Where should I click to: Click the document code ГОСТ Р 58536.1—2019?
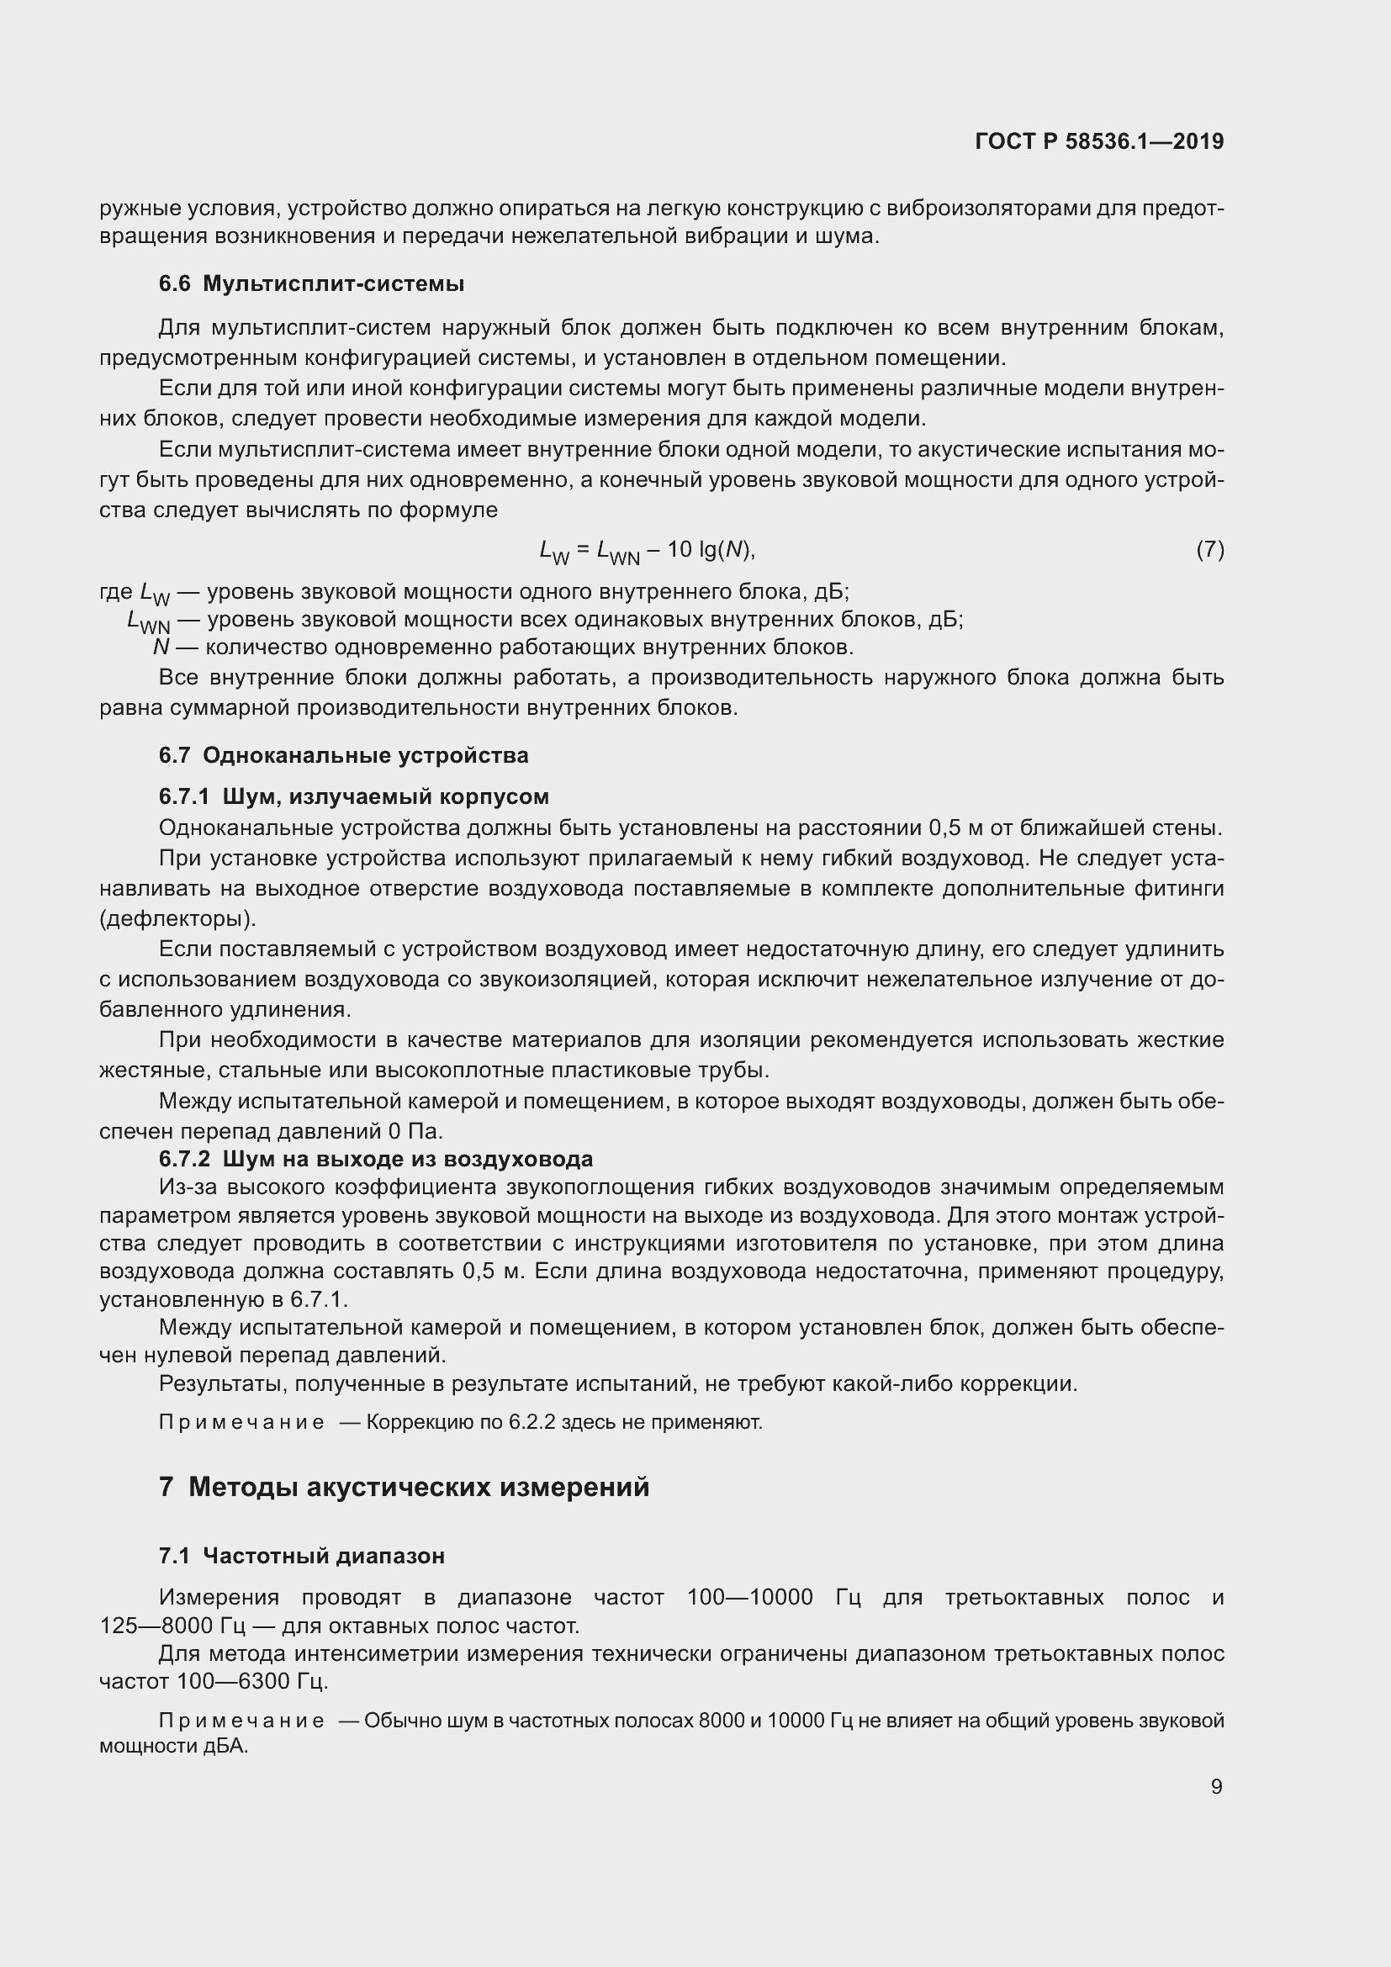(1099, 141)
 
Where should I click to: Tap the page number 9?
(1216, 1786)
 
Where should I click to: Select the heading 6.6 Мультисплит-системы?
(311, 283)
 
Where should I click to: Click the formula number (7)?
(1209, 549)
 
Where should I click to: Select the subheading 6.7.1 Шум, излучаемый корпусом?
(353, 796)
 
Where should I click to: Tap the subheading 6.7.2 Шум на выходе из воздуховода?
(375, 1159)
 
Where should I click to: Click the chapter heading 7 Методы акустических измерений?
(404, 1486)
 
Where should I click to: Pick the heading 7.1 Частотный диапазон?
(302, 1556)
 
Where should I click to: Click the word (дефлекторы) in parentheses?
(178, 919)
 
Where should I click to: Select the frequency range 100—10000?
(749, 1597)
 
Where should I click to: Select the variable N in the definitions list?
(160, 647)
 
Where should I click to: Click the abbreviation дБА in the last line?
(225, 1746)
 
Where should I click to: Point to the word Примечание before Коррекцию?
(241, 1422)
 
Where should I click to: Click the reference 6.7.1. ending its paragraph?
(319, 1299)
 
